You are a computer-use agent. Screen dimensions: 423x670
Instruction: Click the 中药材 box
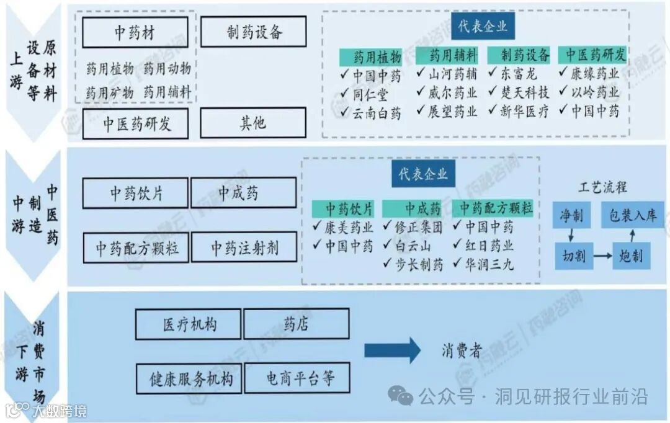pos(135,32)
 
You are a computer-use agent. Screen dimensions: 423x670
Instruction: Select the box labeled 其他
pos(253,123)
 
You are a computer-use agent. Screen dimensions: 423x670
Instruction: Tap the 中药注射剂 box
pos(243,247)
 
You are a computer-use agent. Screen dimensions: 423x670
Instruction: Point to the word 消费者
pos(461,351)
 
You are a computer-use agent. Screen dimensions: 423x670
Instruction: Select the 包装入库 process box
pos(632,215)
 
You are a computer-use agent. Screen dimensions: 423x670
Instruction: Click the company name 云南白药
pos(377,113)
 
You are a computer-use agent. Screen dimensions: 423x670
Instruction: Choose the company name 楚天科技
pos(525,93)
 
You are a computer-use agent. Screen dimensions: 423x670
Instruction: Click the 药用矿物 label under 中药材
pos(109,92)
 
